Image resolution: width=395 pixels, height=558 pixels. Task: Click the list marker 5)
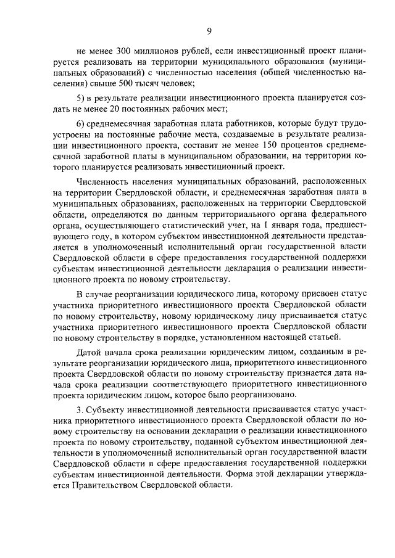click(80, 99)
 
